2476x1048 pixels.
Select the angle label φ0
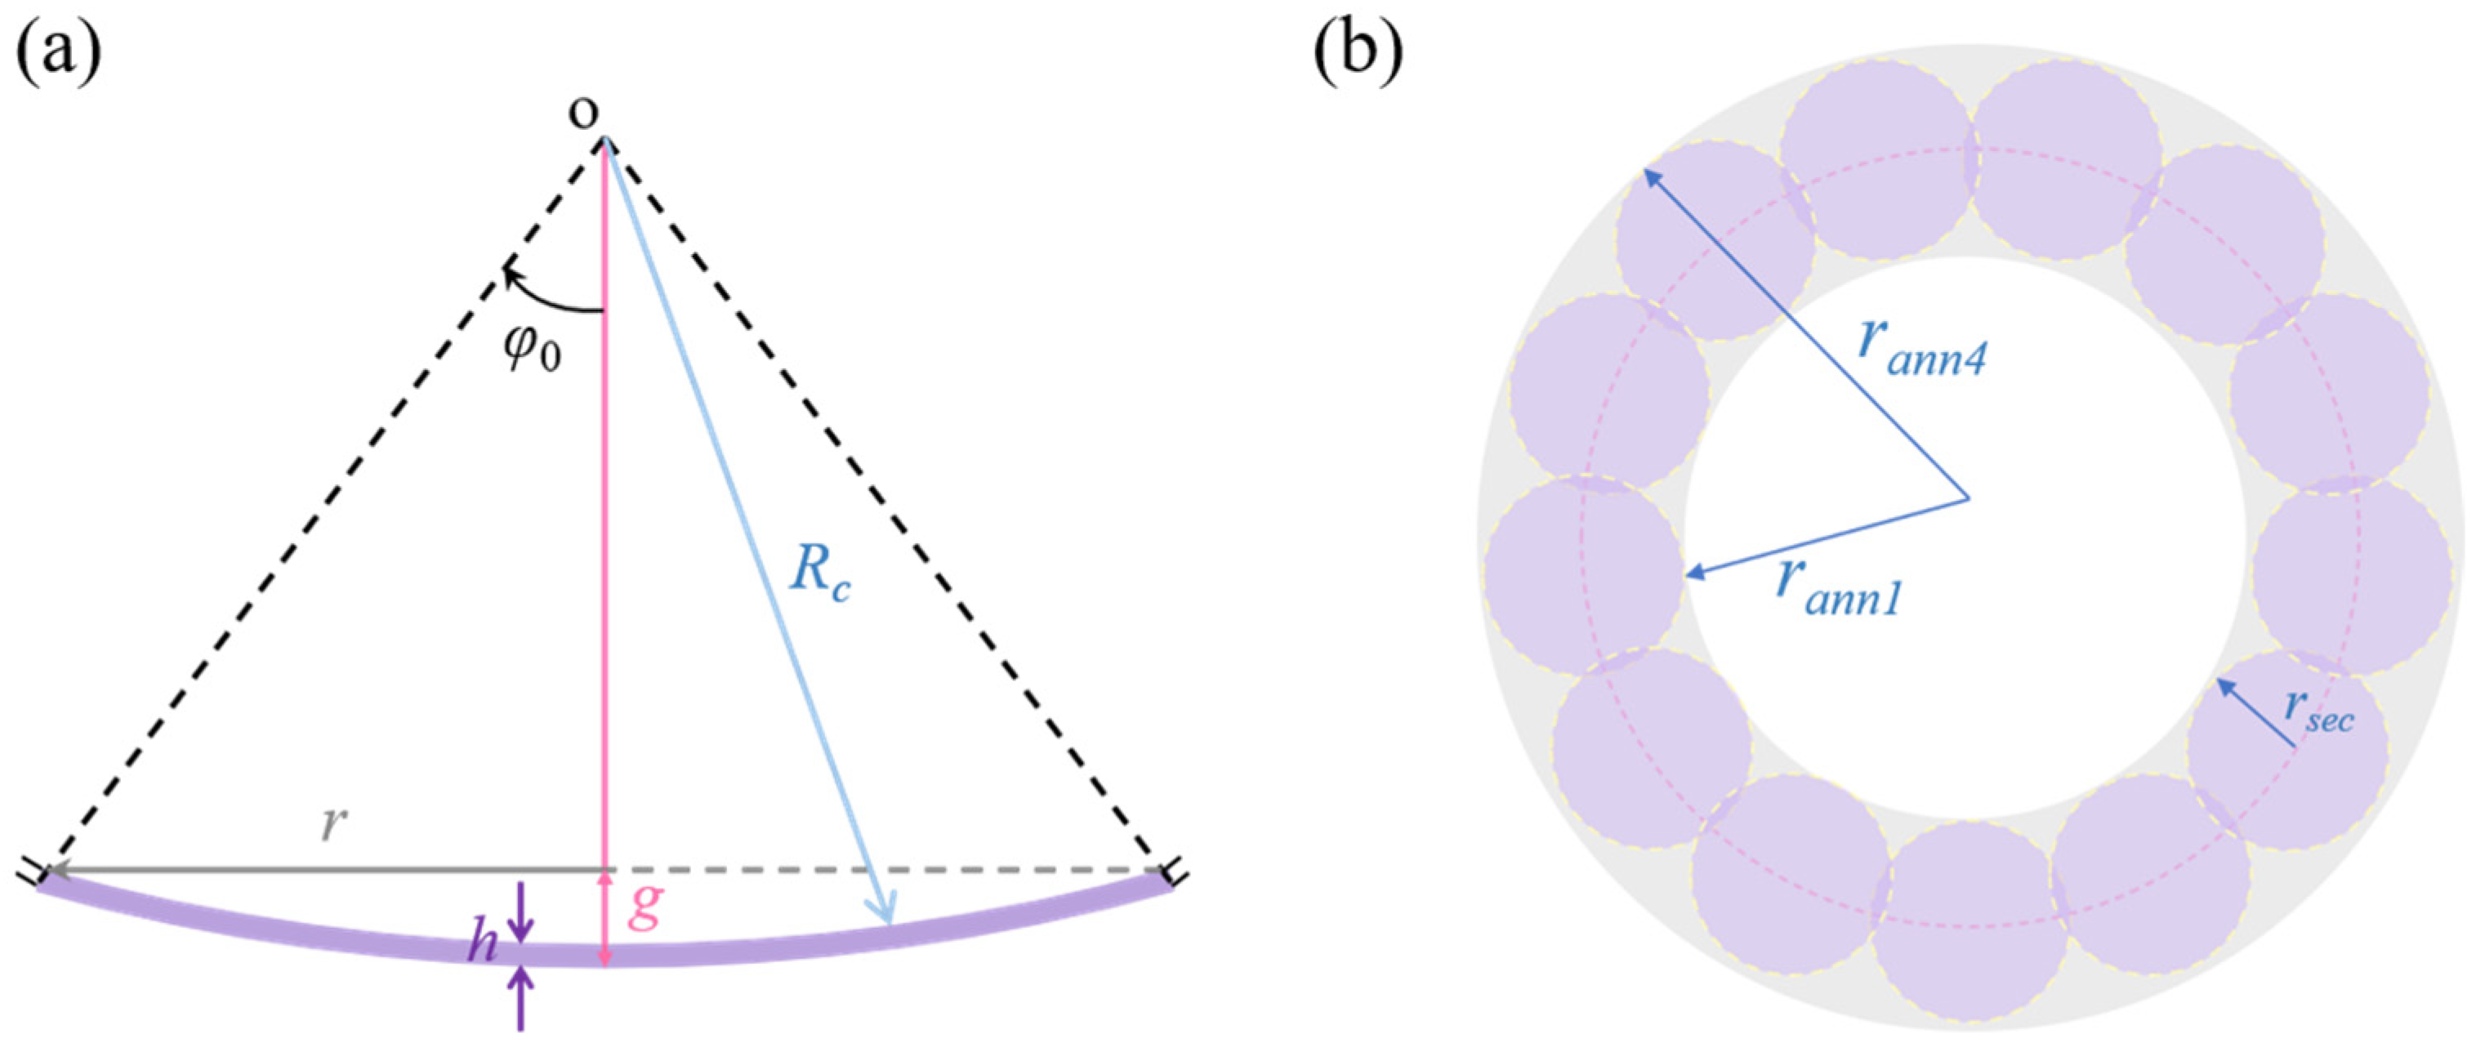click(533, 349)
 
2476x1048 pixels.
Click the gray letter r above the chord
click(332, 824)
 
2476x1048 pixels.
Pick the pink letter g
click(644, 908)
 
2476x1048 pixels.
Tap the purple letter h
click(483, 945)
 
